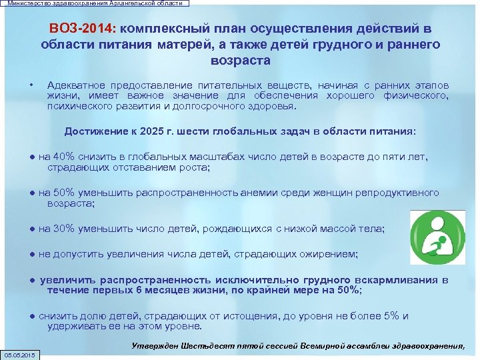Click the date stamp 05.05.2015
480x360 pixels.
tap(21, 354)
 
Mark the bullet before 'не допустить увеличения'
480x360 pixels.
tap(33, 254)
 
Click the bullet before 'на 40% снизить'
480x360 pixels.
tap(33, 157)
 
